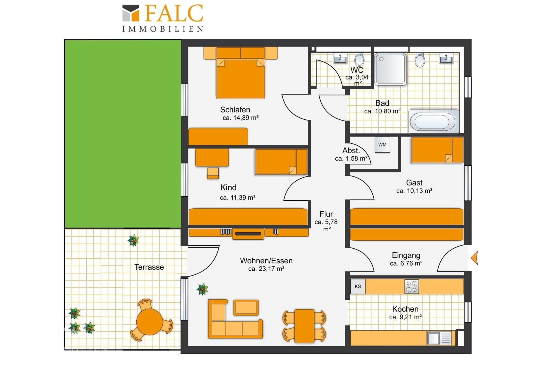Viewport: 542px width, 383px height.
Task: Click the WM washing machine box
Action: tap(382, 145)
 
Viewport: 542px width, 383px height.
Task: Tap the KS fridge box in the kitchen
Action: tap(358, 286)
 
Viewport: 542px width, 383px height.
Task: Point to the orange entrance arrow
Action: tap(475, 258)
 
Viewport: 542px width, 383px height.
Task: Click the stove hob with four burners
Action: tap(412, 286)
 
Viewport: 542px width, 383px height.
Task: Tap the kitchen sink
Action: tap(439, 338)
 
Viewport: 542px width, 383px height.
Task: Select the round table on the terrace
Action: tap(149, 322)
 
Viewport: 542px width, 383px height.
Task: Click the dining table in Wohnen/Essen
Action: tap(304, 326)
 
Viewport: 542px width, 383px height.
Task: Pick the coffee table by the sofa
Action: tap(246, 307)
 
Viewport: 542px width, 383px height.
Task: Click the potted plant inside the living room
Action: tap(202, 289)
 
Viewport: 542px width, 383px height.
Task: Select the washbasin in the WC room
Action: tap(340, 58)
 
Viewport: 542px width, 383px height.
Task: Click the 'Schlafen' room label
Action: tap(235, 110)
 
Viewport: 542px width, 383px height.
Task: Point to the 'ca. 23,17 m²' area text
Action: tap(266, 269)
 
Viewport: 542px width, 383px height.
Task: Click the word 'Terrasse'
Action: tap(149, 267)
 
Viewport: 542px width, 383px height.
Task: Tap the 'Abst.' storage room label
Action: tap(351, 150)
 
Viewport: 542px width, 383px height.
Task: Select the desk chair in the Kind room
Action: tap(213, 173)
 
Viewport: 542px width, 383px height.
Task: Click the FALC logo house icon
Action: tap(131, 13)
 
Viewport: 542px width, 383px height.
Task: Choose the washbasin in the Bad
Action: tap(446, 58)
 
